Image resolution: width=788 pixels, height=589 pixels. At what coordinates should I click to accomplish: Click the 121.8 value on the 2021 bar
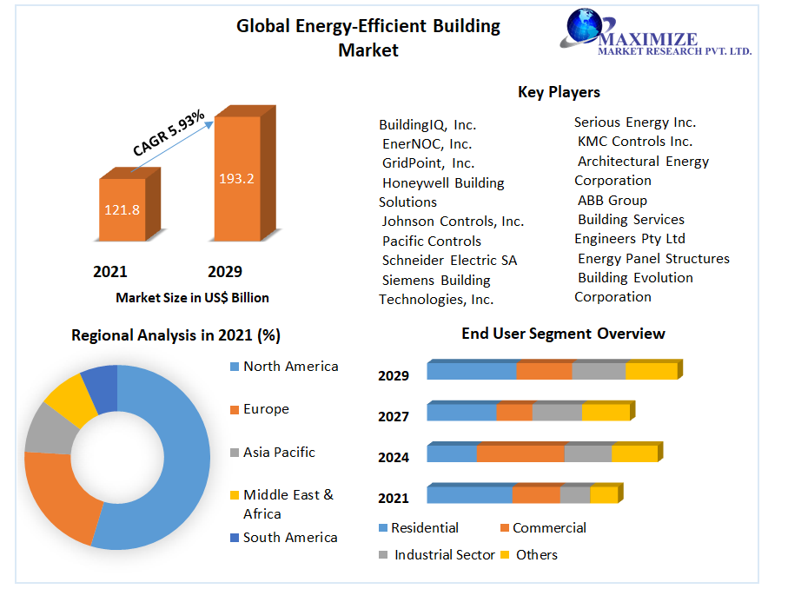click(123, 209)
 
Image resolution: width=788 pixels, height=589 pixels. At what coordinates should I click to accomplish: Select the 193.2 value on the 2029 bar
click(236, 179)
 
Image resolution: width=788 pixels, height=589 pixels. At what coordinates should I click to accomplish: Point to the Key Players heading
click(559, 92)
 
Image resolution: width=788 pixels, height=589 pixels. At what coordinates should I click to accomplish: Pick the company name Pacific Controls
click(432, 241)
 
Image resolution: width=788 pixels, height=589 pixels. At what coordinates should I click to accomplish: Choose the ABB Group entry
click(613, 200)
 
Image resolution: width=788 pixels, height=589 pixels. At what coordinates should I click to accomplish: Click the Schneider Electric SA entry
click(450, 260)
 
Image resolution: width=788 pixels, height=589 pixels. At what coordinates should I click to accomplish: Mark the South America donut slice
click(100, 388)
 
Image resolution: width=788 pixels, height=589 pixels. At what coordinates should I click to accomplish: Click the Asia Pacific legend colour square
click(234, 453)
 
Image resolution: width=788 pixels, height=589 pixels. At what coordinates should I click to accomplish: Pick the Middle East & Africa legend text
click(288, 504)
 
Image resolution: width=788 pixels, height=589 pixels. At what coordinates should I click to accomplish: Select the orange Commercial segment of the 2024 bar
click(520, 453)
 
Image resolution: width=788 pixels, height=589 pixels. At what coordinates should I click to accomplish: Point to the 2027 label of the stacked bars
click(394, 417)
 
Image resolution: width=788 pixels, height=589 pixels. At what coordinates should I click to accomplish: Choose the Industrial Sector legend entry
click(444, 555)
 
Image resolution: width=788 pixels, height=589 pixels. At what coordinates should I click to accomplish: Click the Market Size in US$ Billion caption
click(192, 298)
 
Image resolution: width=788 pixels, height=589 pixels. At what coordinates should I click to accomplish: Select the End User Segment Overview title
click(563, 334)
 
